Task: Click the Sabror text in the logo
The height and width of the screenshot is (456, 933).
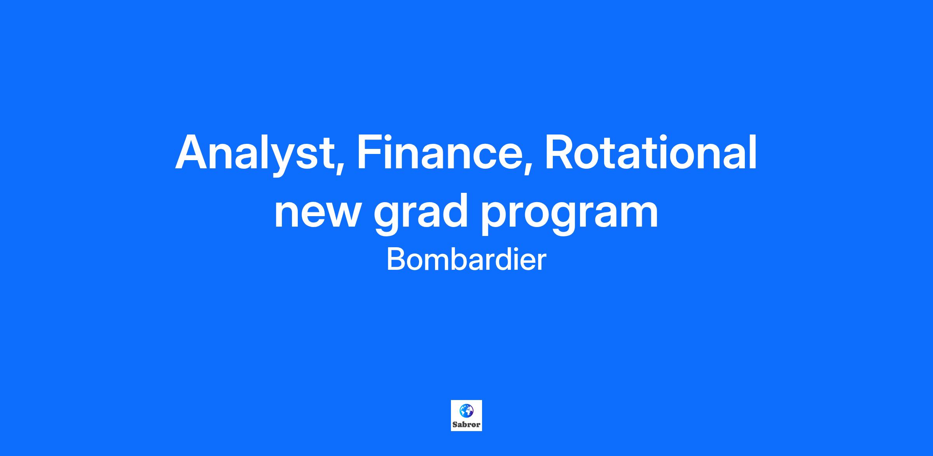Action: pos(466,425)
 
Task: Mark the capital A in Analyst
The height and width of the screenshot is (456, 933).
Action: pos(194,152)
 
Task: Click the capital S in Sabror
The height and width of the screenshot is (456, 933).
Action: pos(455,425)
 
